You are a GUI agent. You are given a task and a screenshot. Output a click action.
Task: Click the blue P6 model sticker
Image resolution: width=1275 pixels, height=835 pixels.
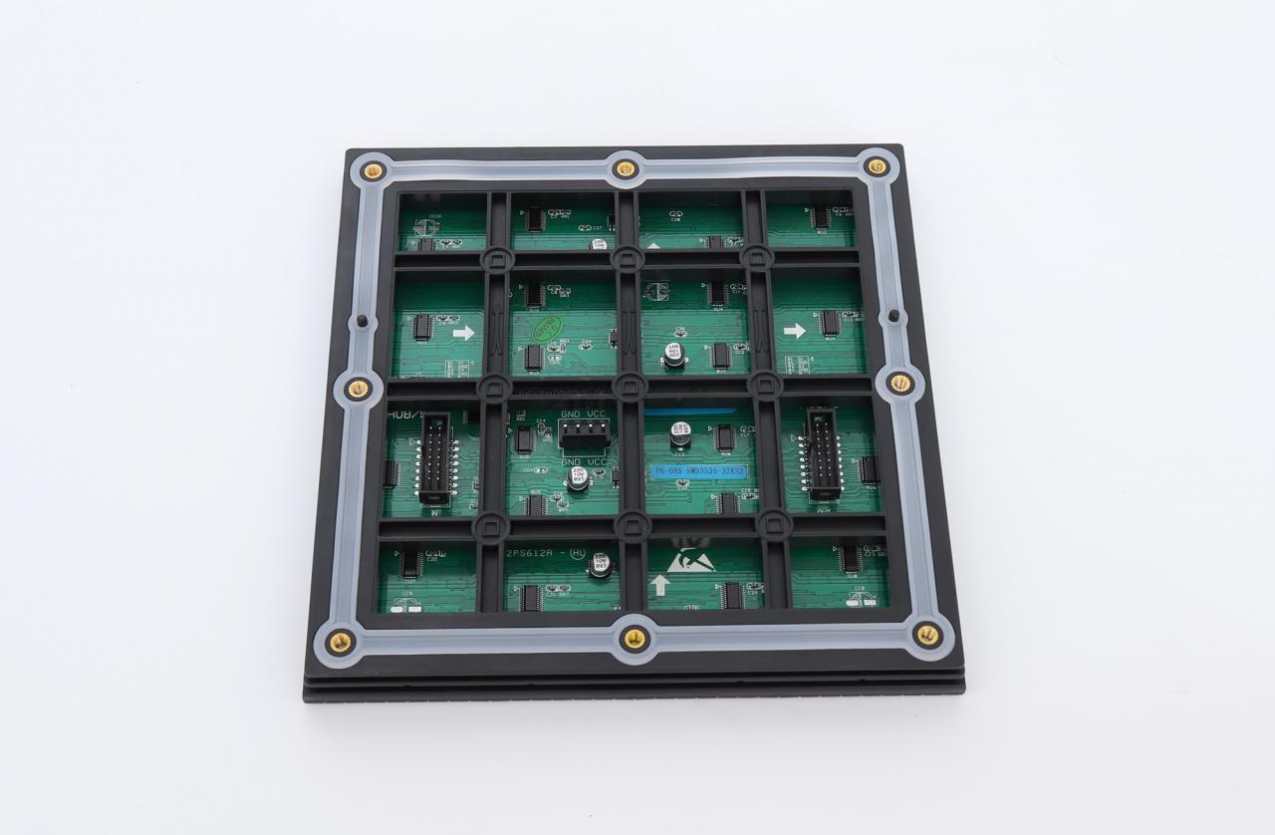coord(698,470)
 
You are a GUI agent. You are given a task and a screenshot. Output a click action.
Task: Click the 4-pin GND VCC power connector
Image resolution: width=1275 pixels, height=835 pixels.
coord(584,433)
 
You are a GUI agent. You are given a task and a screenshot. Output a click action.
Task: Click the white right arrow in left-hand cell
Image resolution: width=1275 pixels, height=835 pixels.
coord(463,333)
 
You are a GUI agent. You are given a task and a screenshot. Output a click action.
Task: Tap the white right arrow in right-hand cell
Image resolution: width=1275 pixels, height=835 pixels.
coord(794,331)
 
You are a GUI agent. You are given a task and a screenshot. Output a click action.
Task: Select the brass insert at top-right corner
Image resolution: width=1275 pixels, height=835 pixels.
coord(877,166)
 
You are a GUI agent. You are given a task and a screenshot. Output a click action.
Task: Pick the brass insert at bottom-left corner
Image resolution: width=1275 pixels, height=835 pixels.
coord(340,641)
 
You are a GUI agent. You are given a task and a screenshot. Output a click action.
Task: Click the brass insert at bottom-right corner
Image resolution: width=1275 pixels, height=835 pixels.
coord(926,634)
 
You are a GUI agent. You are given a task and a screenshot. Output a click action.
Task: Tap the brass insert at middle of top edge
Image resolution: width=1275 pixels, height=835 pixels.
coord(625,168)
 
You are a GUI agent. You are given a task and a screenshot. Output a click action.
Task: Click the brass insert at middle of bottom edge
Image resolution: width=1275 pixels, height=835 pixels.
coord(634,638)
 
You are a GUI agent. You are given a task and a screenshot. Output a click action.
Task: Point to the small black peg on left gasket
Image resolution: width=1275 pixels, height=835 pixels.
coord(362,321)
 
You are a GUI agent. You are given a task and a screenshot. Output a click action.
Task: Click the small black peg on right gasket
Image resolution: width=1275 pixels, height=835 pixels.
coord(893,316)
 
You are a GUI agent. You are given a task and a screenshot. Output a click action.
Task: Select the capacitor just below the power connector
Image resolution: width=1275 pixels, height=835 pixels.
coord(578,478)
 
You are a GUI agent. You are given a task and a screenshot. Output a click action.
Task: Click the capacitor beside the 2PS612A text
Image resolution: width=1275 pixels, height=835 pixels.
coord(600,565)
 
